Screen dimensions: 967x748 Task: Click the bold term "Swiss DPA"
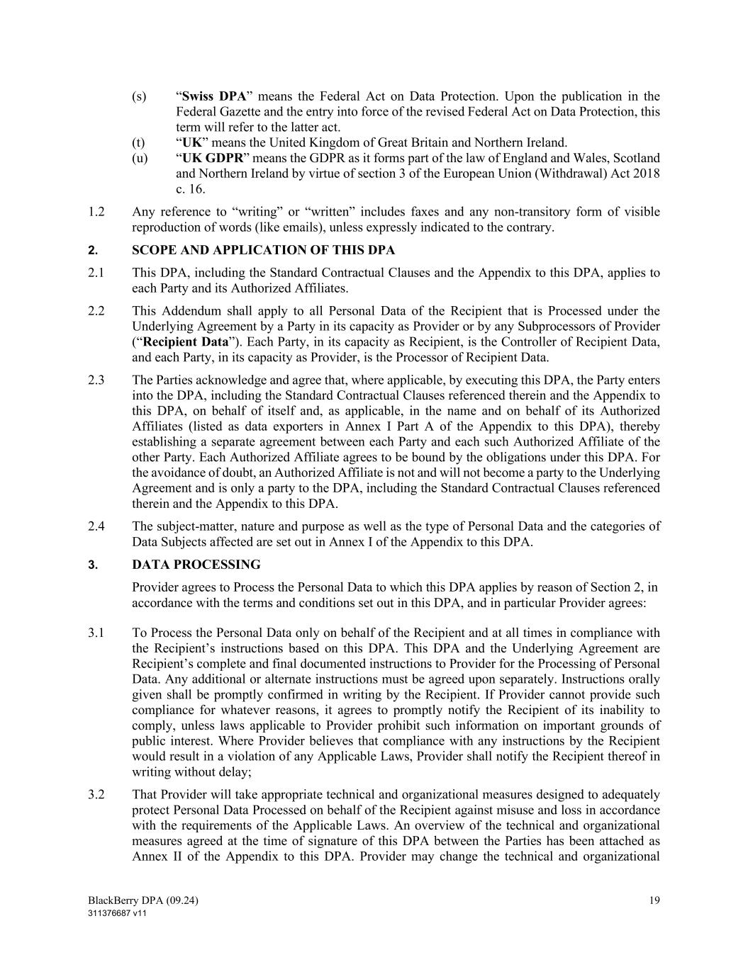[213, 96]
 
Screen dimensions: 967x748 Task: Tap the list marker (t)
[139, 142]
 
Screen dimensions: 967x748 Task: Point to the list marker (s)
[139, 96]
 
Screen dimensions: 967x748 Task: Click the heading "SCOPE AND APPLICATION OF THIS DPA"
[263, 250]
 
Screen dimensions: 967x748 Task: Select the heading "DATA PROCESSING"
[196, 565]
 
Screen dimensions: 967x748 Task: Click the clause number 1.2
[96, 212]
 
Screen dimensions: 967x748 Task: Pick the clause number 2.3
[96, 380]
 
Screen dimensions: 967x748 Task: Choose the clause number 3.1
[96, 633]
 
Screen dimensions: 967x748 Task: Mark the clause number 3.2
[96, 795]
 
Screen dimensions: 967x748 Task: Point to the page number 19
[654, 900]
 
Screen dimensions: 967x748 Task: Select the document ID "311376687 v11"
[117, 913]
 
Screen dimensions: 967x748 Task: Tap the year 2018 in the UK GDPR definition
[647, 174]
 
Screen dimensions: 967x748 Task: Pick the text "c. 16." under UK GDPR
[191, 189]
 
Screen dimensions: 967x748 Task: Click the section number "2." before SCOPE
[92, 250]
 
